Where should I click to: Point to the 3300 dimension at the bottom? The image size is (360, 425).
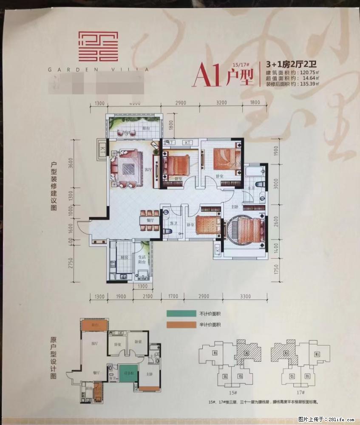[244, 296]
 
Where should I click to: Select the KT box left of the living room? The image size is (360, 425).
[102, 149]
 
